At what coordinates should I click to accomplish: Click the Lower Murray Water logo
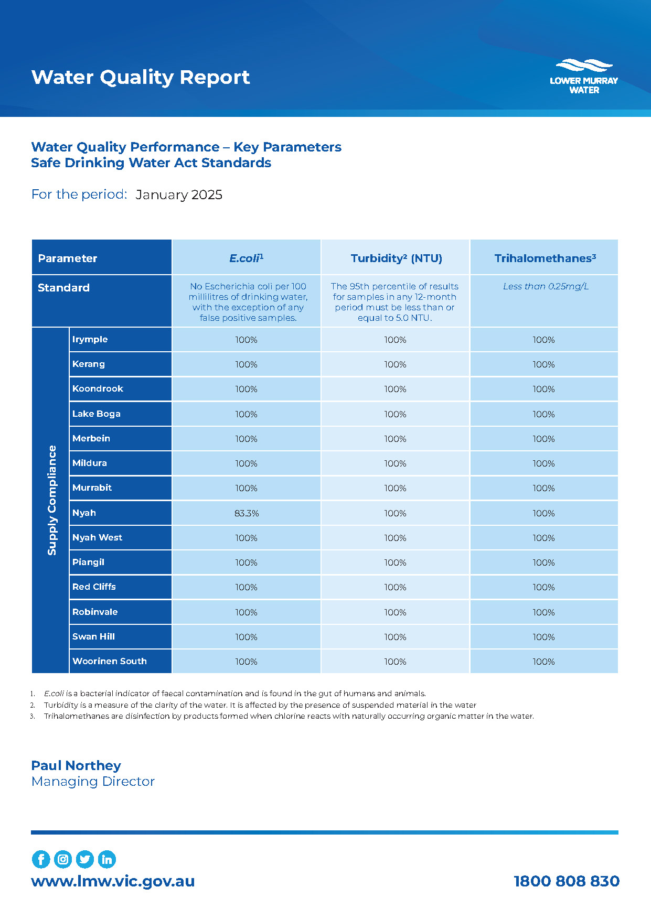[x=584, y=77]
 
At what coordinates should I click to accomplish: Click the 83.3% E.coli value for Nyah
[x=247, y=513]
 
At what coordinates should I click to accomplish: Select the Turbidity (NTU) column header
[x=396, y=258]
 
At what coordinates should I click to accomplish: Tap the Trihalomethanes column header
[x=545, y=258]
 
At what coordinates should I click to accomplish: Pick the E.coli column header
[x=246, y=258]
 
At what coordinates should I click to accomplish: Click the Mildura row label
[x=90, y=463]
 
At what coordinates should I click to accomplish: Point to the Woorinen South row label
[x=109, y=661]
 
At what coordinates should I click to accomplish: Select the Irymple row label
[x=90, y=339]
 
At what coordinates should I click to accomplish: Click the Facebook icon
[x=41, y=859]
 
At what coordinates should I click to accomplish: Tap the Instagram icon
[x=63, y=859]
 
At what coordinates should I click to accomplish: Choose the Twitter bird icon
[x=85, y=859]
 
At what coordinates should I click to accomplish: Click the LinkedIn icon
[x=107, y=859]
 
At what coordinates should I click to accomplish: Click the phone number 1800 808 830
[x=567, y=881]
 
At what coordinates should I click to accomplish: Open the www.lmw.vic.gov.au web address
[x=113, y=881]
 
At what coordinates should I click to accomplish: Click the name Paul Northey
[x=76, y=765]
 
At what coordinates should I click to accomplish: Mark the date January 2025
[x=179, y=194]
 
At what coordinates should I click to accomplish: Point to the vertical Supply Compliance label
[x=51, y=500]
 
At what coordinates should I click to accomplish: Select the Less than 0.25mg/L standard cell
[x=545, y=286]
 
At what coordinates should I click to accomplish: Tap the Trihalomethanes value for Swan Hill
[x=543, y=637]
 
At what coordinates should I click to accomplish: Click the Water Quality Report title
[x=140, y=77]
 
